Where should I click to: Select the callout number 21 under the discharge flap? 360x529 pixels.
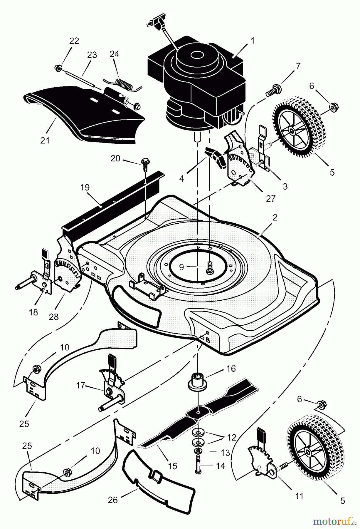pos(45,140)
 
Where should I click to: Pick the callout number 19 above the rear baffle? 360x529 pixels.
pos(85,188)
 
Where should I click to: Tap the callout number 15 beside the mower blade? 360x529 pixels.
pos(173,466)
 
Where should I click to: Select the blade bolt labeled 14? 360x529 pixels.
pos(197,465)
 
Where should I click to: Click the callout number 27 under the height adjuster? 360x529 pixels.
pos(270,199)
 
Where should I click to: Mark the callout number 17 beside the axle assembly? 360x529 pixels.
pos(80,385)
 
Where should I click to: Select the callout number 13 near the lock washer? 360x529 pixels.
pos(225,453)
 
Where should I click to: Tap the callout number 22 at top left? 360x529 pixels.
pos(74,41)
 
